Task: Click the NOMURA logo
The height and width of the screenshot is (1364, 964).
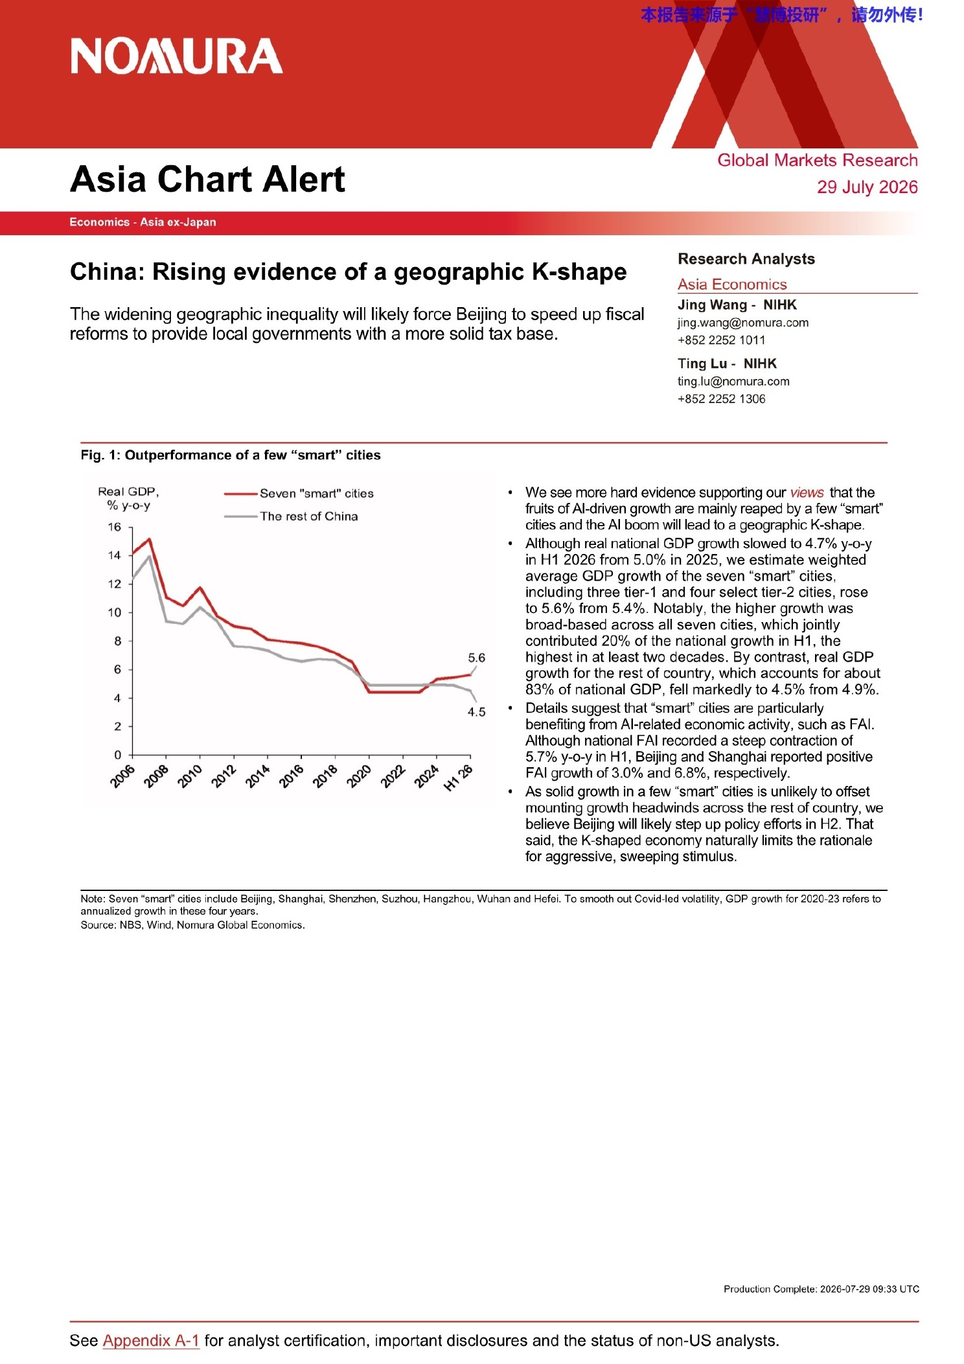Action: click(176, 56)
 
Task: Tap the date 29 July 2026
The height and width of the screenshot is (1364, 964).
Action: click(867, 187)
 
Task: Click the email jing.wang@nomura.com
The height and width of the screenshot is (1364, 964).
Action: click(743, 323)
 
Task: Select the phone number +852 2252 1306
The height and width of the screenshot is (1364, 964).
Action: click(721, 399)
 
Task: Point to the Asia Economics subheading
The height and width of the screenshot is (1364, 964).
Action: click(732, 284)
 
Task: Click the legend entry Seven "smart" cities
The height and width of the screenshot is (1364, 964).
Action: click(299, 494)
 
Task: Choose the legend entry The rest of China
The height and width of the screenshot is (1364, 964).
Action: click(291, 516)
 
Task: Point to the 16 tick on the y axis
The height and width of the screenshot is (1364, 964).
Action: click(115, 527)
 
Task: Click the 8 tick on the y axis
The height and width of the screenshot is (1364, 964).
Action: click(118, 641)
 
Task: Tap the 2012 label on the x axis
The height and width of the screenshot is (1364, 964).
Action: click(224, 776)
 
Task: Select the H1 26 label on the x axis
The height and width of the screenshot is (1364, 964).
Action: click(458, 778)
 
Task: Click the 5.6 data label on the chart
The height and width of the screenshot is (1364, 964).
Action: click(476, 658)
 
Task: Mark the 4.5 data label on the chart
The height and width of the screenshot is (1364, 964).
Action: click(476, 712)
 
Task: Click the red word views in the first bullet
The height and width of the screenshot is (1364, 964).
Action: click(807, 492)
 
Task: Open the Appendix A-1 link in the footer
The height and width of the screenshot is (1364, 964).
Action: click(151, 1341)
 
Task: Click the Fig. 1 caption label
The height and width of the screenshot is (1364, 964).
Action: click(100, 456)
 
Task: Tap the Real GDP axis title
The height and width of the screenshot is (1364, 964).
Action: click(128, 498)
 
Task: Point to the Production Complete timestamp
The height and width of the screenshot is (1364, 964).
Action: click(821, 1289)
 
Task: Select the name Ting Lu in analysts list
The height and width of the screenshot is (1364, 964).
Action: click(702, 364)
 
